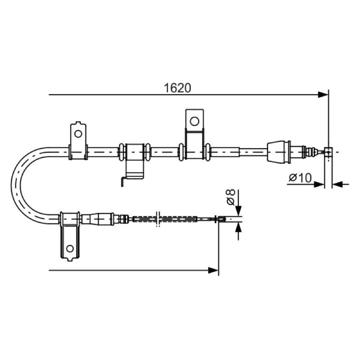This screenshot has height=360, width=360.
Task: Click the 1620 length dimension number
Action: point(177,88)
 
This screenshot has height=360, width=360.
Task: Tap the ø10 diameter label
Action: point(300,177)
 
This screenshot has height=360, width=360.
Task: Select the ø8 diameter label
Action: point(230,197)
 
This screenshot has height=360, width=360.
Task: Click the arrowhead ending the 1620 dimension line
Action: point(323,94)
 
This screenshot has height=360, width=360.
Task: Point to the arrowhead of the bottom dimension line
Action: point(213,270)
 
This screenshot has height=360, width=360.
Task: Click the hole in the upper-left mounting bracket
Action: point(78,134)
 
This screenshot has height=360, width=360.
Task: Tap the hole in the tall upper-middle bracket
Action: point(194,121)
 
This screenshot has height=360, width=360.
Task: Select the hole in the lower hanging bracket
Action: point(70,248)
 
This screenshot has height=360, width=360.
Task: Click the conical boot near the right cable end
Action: point(279,152)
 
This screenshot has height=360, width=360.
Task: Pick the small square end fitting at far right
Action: point(328,152)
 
